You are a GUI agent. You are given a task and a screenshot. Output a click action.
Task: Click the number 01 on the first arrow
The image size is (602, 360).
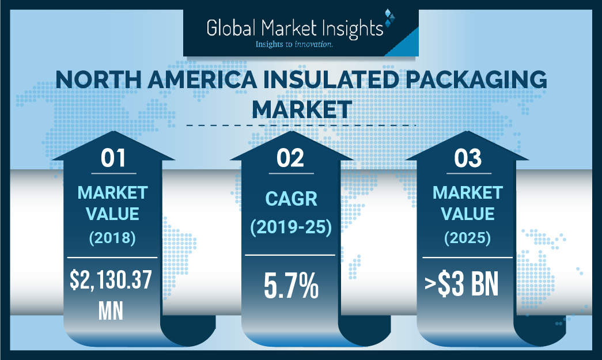pyautogui.click(x=113, y=158)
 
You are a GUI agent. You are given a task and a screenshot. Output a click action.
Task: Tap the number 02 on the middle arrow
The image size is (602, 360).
pyautogui.click(x=290, y=158)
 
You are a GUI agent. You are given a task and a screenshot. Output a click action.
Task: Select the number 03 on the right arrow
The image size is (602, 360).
pyautogui.click(x=467, y=158)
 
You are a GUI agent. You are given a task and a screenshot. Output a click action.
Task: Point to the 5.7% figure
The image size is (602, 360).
pyautogui.click(x=290, y=287)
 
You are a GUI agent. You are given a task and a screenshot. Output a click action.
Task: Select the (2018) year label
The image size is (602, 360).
pyautogui.click(x=113, y=237)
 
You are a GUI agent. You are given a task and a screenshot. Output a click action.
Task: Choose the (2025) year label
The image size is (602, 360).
pyautogui.click(x=467, y=237)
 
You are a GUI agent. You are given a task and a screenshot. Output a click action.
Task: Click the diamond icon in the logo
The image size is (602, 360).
pyautogui.click(x=390, y=18)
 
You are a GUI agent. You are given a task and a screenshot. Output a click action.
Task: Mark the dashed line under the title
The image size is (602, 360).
pyautogui.click(x=301, y=124)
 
